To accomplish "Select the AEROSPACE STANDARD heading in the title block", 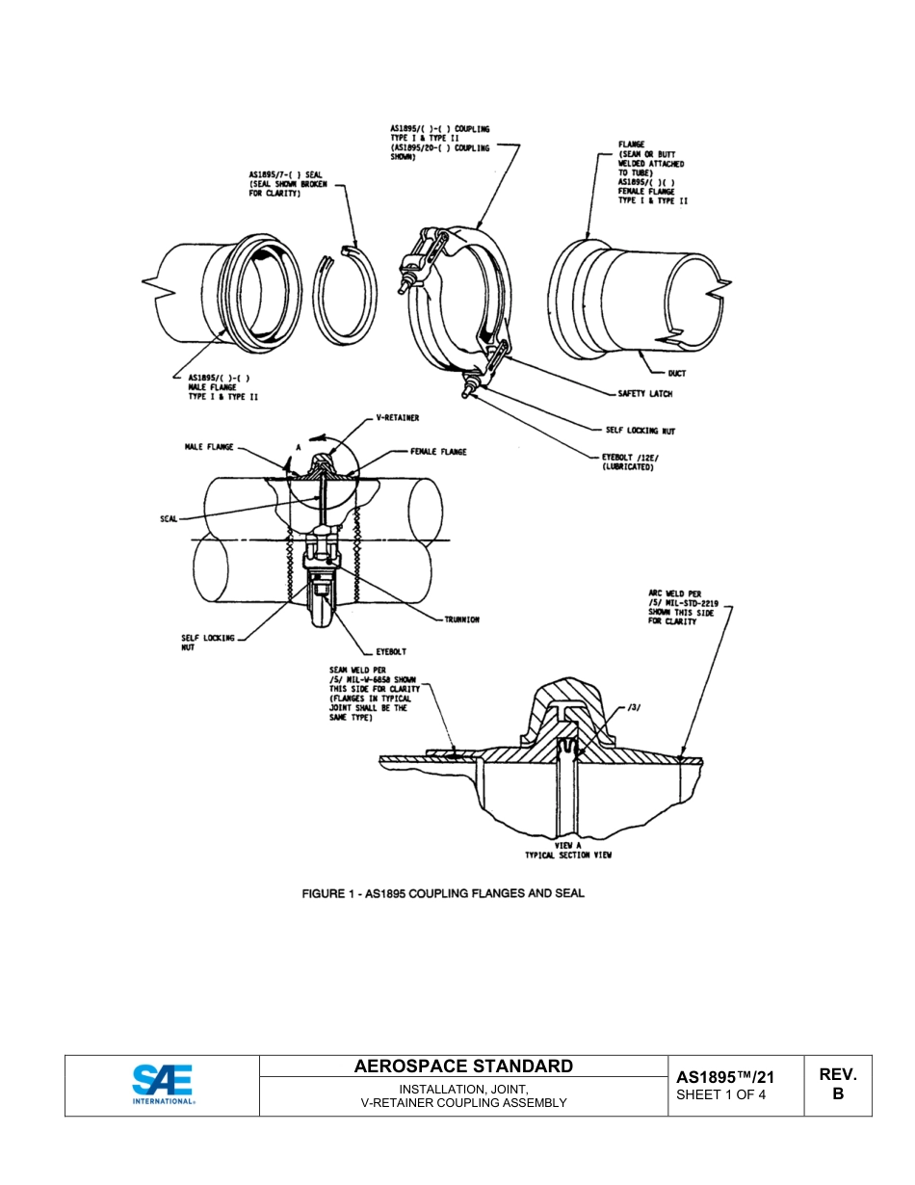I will pos(463,1066).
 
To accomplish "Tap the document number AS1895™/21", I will pos(725,1077).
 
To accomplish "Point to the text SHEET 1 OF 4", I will pos(721,1095).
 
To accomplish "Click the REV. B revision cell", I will pos(837,1084).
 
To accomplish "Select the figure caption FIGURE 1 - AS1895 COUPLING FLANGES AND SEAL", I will pos(443,893).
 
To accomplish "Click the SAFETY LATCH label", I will pos(645,394).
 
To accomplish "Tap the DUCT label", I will pos(677,373).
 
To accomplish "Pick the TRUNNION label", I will pos(461,619).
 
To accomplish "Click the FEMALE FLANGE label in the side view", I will pos(438,451).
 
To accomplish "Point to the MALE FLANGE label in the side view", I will pos(209,448).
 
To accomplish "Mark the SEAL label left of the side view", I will pos(168,518).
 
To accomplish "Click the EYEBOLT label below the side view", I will pos(391,652).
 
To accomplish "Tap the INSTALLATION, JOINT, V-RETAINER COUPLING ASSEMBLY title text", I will pos(463,1095).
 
